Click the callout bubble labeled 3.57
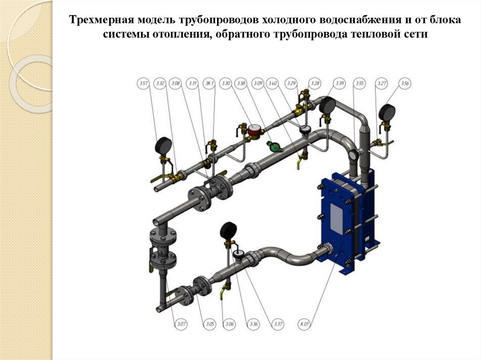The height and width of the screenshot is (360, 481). click(143, 84)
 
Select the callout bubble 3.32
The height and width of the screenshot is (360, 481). click(160, 84)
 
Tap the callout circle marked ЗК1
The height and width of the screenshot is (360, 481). click(209, 84)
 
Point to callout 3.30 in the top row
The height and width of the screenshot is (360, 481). click(225, 84)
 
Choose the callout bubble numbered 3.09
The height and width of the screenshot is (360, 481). click(258, 84)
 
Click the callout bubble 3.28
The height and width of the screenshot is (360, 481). click(316, 84)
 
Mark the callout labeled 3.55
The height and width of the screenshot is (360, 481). click(360, 84)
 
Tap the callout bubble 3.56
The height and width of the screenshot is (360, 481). click(405, 84)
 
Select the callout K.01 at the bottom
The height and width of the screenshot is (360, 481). click(305, 324)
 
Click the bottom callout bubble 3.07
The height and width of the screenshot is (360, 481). click(181, 324)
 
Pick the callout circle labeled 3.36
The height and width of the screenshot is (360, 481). click(254, 324)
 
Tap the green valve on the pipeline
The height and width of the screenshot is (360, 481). click(274, 146)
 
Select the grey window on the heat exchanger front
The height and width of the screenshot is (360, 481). click(337, 219)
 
